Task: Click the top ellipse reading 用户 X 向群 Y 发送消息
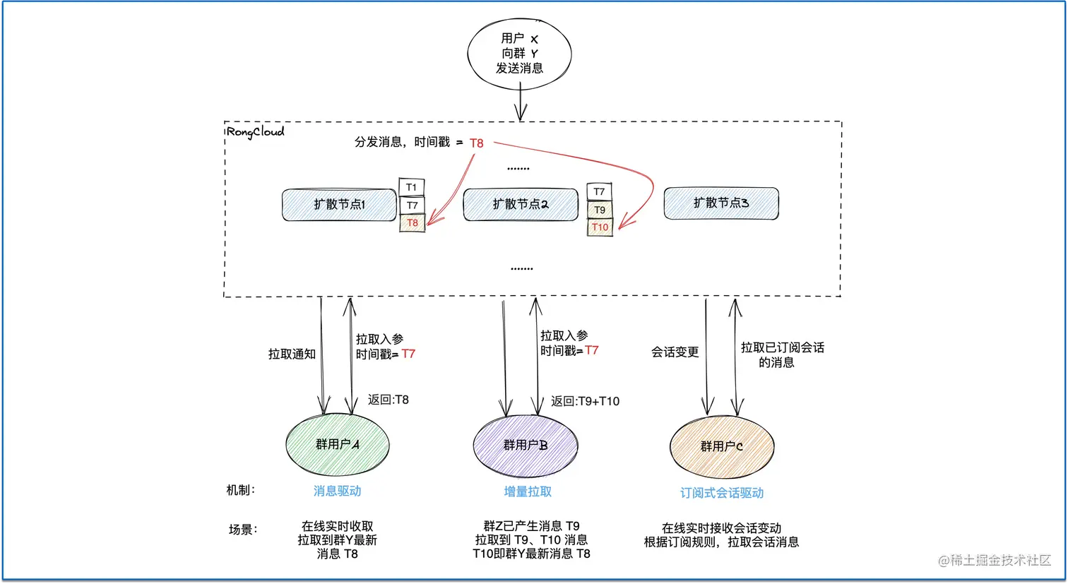pyautogui.click(x=519, y=54)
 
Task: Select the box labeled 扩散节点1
pyautogui.click(x=339, y=205)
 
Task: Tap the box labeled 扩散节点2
pyautogui.click(x=521, y=205)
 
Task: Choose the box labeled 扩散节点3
pyautogui.click(x=720, y=203)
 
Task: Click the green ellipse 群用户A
pyautogui.click(x=338, y=445)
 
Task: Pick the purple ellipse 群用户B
pyautogui.click(x=526, y=446)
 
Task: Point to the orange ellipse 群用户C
pyautogui.click(x=721, y=447)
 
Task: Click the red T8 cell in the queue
pyautogui.click(x=413, y=223)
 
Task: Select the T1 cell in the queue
pyautogui.click(x=412, y=187)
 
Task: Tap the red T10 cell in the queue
pyautogui.click(x=600, y=227)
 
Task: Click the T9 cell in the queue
pyautogui.click(x=600, y=210)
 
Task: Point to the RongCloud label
pyautogui.click(x=255, y=132)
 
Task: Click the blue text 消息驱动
pyautogui.click(x=337, y=491)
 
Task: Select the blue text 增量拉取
pyautogui.click(x=527, y=491)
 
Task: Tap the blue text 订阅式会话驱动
pyautogui.click(x=721, y=493)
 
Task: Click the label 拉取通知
pyautogui.click(x=292, y=354)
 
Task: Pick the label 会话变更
pyautogui.click(x=675, y=352)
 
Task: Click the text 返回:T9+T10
pyautogui.click(x=585, y=401)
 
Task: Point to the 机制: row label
pyautogui.click(x=241, y=490)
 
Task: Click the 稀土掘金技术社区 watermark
pyautogui.click(x=995, y=560)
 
